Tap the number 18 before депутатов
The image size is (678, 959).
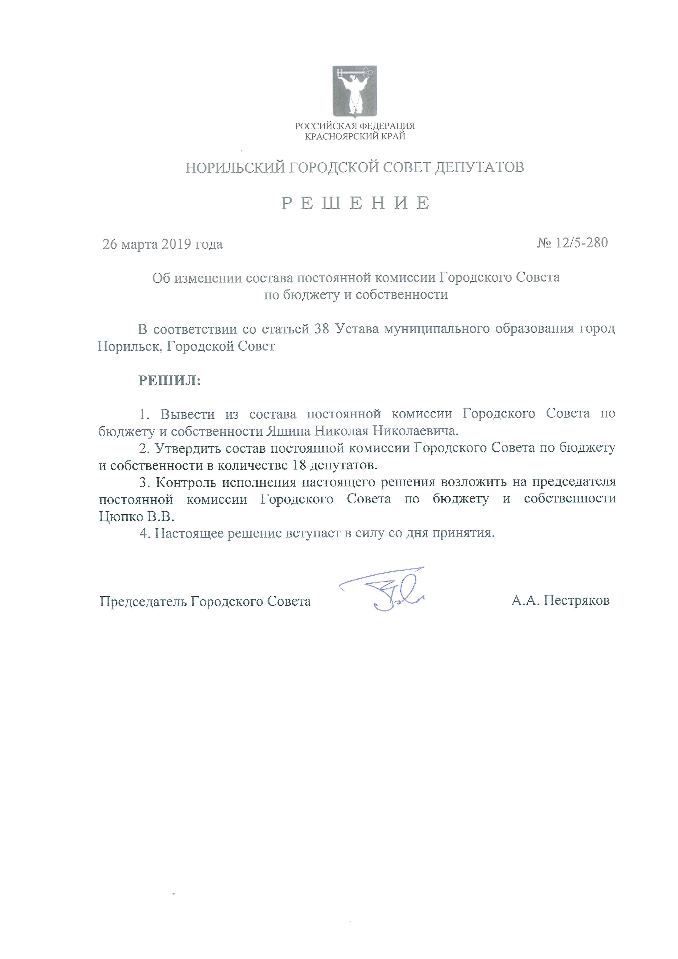pos(299,465)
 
